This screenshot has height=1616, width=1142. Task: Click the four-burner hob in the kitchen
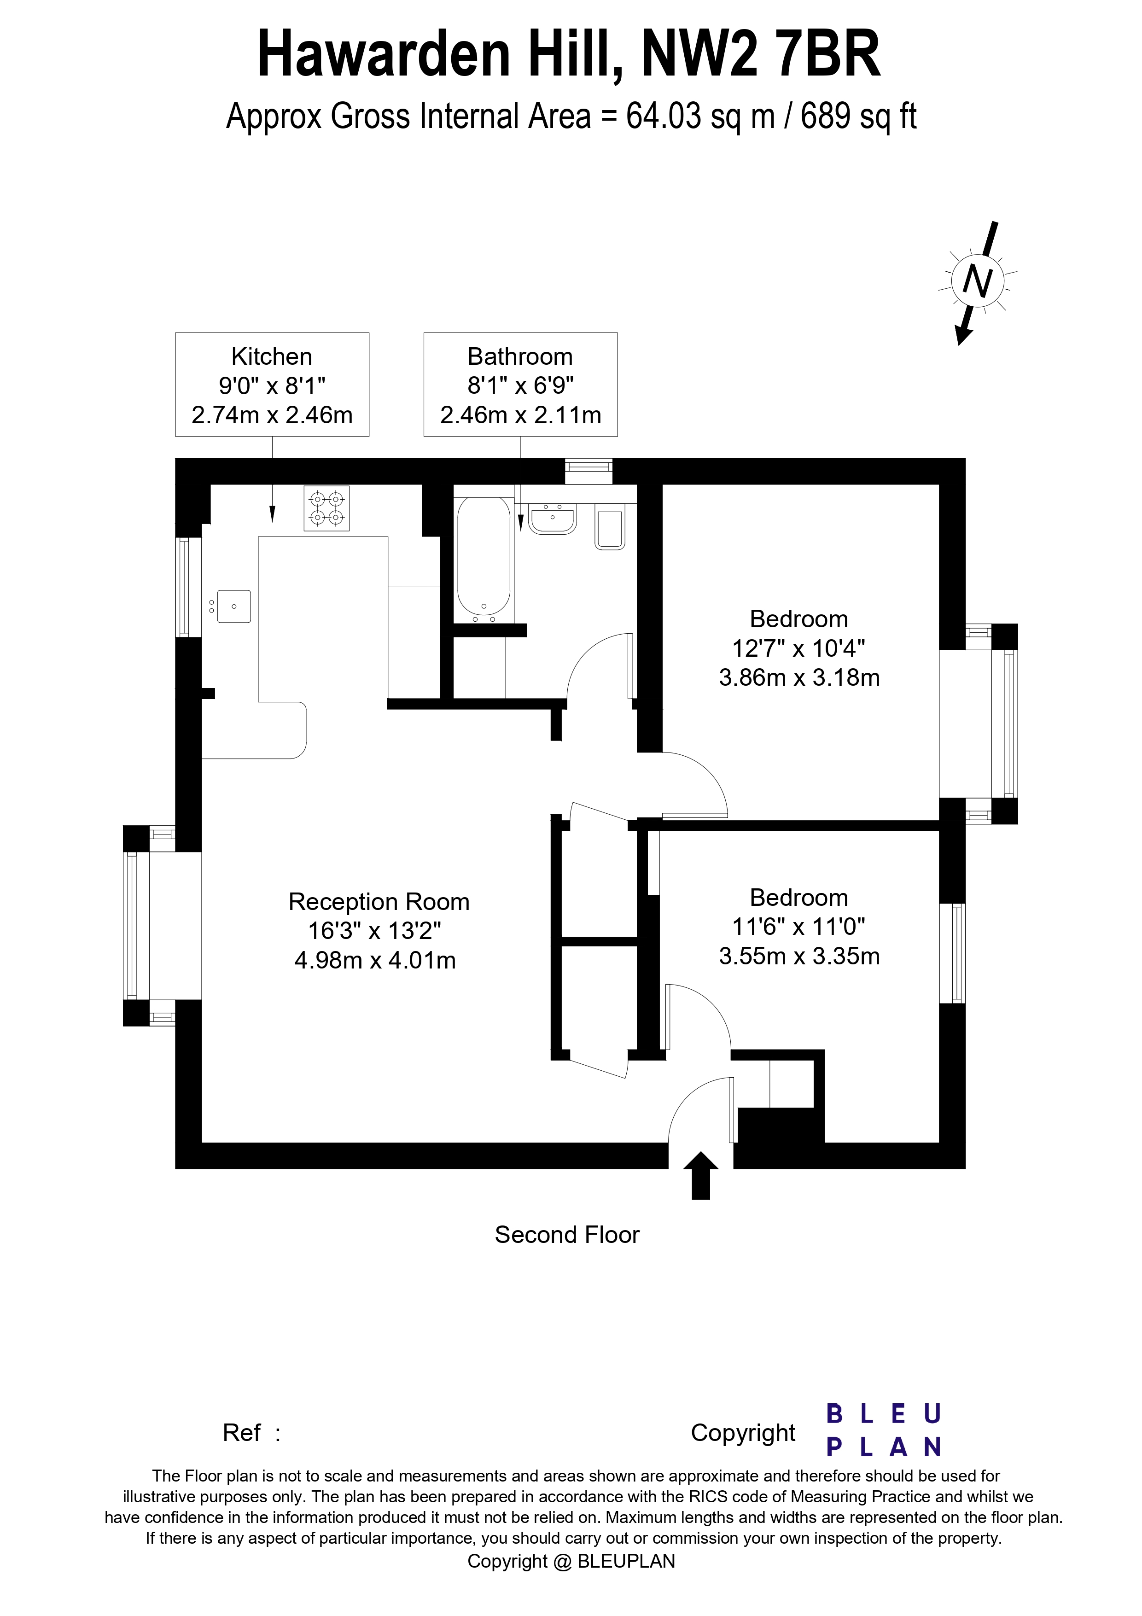pos(326,508)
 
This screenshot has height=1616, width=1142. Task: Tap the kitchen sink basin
pos(233,606)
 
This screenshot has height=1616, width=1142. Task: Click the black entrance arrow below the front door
pos(701,1175)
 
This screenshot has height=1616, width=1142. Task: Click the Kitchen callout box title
pos(272,357)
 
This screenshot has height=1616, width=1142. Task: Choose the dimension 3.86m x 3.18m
pos(799,678)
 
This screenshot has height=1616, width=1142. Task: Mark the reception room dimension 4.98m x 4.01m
pos(375,960)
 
